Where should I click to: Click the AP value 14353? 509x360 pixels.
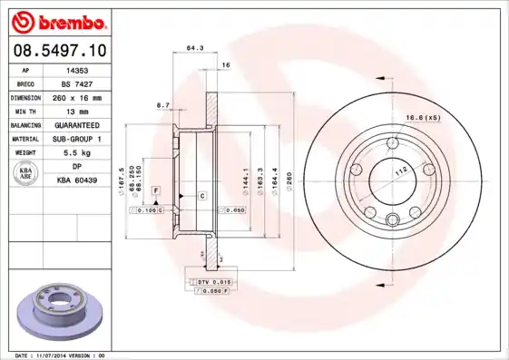pyautogui.click(x=77, y=69)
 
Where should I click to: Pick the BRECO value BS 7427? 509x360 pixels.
pyautogui.click(x=77, y=83)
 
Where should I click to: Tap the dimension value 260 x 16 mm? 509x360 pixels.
pyautogui.click(x=77, y=96)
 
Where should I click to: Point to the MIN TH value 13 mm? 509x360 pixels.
pyautogui.click(x=77, y=110)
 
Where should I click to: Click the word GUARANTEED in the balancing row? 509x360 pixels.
pyautogui.click(x=77, y=124)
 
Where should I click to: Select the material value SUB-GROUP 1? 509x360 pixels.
pyautogui.click(x=77, y=139)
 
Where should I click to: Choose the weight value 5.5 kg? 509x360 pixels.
pyautogui.click(x=77, y=152)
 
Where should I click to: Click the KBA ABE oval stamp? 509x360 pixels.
pyautogui.click(x=25, y=173)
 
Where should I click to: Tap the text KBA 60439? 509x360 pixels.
pyautogui.click(x=77, y=180)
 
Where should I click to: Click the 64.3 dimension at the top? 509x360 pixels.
pyautogui.click(x=193, y=47)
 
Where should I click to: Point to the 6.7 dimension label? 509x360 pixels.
pyautogui.click(x=163, y=105)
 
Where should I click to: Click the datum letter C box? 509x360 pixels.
pyautogui.click(x=201, y=196)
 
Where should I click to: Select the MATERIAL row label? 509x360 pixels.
pyautogui.click(x=25, y=139)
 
